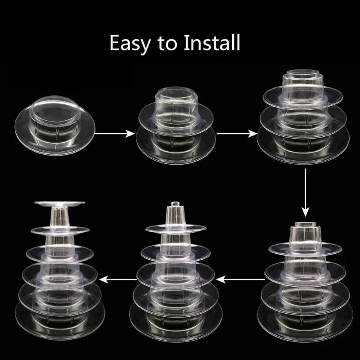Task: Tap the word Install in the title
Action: tap(212, 42)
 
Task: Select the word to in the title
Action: tap(167, 43)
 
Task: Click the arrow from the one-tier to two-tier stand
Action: tap(114, 133)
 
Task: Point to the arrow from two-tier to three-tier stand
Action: tap(237, 133)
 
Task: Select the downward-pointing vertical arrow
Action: tap(305, 193)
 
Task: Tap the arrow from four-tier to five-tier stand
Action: tap(240, 279)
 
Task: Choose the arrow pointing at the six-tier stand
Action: tap(118, 279)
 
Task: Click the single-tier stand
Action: tap(55, 126)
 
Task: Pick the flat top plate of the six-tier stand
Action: tap(60, 203)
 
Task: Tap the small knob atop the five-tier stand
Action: tap(175, 204)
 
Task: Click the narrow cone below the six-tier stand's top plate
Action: tap(59, 217)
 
